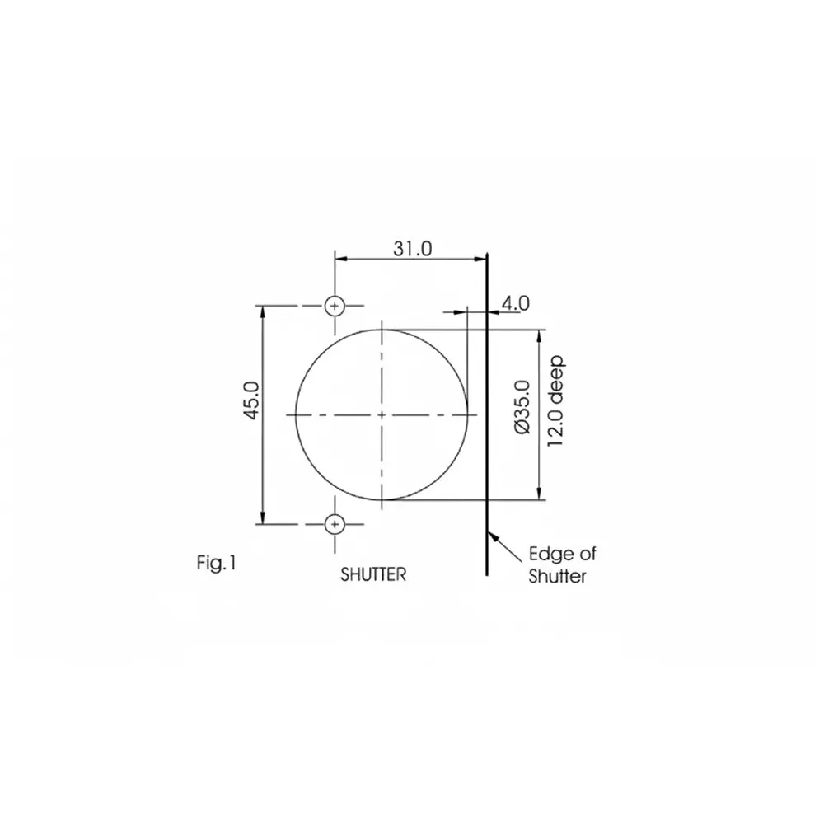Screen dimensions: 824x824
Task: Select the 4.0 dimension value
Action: pyautogui.click(x=515, y=302)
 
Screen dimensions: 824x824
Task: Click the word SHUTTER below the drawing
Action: pyautogui.click(x=373, y=574)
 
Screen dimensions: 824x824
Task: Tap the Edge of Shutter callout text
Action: pyautogui.click(x=557, y=564)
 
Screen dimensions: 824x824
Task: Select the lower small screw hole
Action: pyautogui.click(x=335, y=523)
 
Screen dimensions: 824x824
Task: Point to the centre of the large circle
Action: pyautogui.click(x=382, y=414)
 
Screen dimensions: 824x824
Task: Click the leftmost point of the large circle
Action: pyautogui.click(x=296, y=414)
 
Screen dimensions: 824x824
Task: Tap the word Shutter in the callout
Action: pyautogui.click(x=557, y=576)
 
